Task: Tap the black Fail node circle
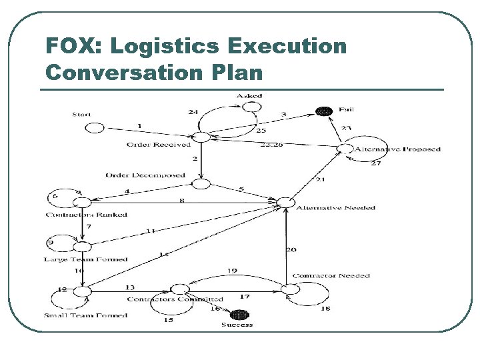tap(324, 111)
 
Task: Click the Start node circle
tap(95, 127)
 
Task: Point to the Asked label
tap(249, 96)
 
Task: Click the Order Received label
tap(158, 145)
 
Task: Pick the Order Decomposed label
tap(145, 175)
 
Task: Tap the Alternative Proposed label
tap(397, 149)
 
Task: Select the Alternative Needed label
tap(335, 208)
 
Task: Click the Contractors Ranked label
tap(87, 215)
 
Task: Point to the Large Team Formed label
tap(85, 259)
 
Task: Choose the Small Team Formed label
tap(85, 315)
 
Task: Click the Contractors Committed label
tap(175, 299)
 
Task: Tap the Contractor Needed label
tap(331, 276)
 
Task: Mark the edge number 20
tap(291, 250)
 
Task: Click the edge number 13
tap(129, 287)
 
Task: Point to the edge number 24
tap(193, 112)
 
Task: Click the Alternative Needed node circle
tap(285, 201)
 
